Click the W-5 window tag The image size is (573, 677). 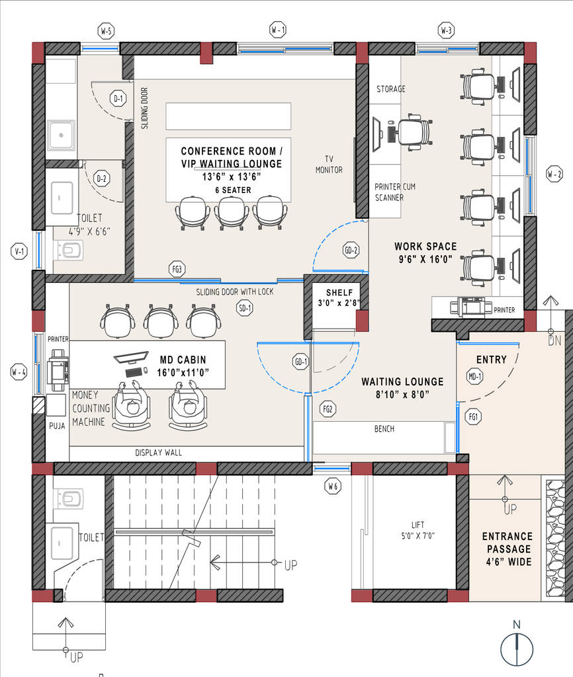[x=106, y=30]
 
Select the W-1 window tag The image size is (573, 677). [x=277, y=30]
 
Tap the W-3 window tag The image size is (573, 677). [x=447, y=30]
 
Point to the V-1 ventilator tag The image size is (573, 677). [x=19, y=251]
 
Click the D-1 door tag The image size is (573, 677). [x=118, y=100]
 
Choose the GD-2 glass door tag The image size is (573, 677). [x=351, y=251]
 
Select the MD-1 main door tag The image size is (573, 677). [x=474, y=378]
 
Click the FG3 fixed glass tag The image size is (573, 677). [x=177, y=269]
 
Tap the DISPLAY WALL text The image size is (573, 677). [x=158, y=453]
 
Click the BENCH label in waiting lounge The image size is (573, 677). [x=384, y=429]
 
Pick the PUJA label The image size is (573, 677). [x=57, y=426]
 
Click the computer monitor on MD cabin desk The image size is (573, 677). [x=130, y=360]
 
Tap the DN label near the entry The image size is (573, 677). [x=554, y=341]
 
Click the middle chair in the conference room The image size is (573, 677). [x=232, y=213]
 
